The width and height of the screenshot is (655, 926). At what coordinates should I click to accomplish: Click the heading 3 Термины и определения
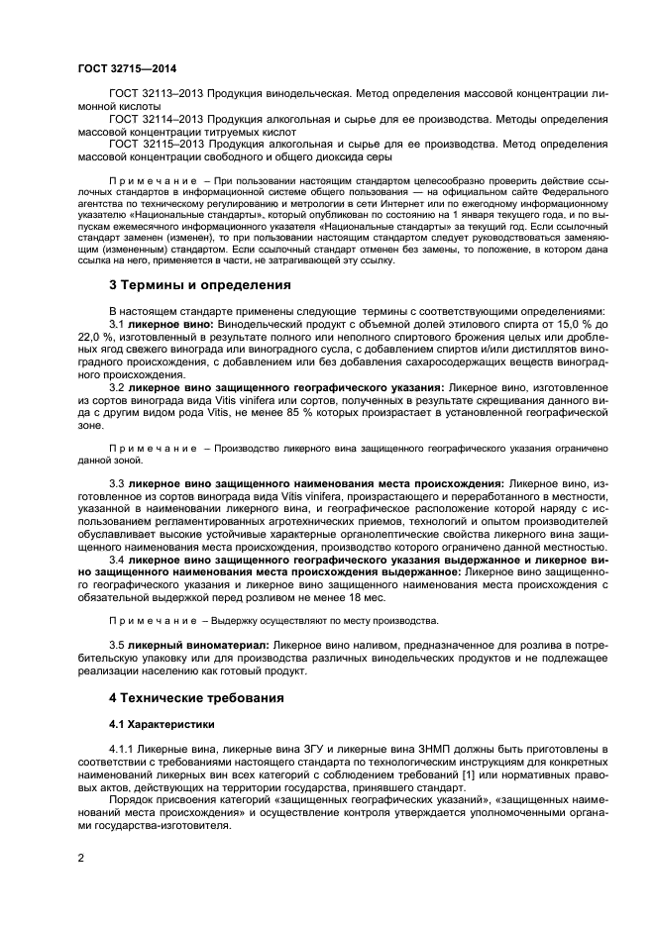click(x=199, y=285)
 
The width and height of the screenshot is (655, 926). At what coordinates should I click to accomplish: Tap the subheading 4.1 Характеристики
click(x=162, y=724)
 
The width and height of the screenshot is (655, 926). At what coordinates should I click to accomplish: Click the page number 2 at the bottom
click(x=80, y=858)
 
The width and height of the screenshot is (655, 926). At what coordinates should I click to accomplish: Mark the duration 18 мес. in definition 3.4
click(x=368, y=597)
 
